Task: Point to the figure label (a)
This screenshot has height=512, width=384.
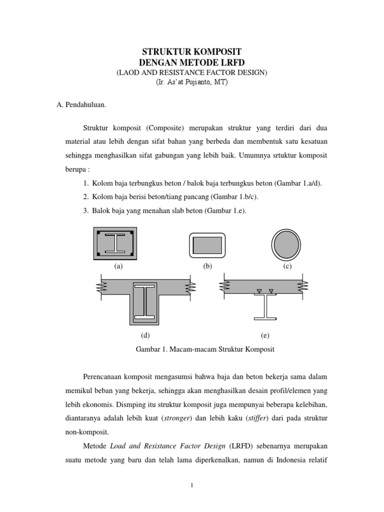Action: pos(118,266)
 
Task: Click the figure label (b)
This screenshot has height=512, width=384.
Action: pos(207,266)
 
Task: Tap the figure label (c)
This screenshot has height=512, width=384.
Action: pos(287,266)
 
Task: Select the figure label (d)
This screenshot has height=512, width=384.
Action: pos(145,335)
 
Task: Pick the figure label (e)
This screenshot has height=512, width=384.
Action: pos(265,335)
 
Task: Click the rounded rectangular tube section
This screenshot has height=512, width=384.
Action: pos(207,245)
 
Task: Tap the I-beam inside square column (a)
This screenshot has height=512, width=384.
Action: pos(116,243)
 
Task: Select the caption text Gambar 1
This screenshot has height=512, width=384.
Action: pos(150,349)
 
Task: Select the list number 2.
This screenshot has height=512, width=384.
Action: pos(85,197)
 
